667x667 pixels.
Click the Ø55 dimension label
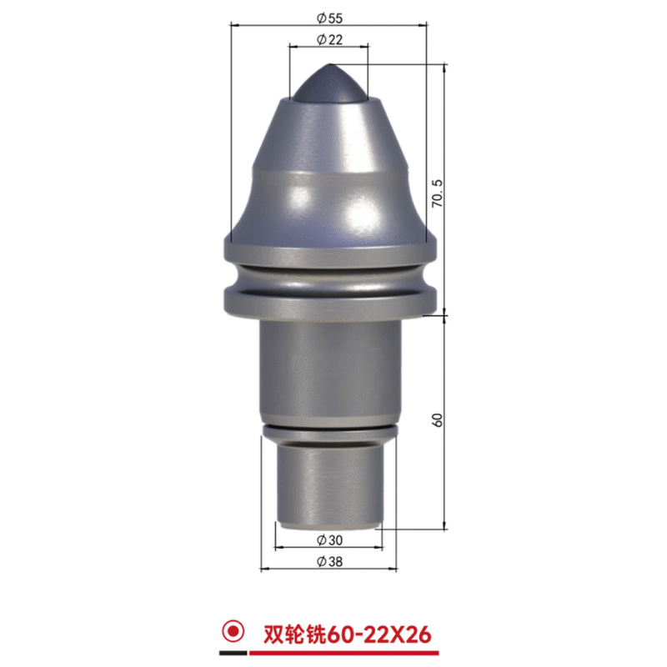click(x=329, y=18)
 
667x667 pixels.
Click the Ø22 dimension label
click(x=329, y=39)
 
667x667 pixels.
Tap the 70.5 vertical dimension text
click(x=437, y=193)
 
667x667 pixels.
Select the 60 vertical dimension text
click(x=437, y=420)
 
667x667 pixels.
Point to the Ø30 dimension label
click(x=329, y=540)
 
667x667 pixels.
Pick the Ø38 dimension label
click(x=329, y=561)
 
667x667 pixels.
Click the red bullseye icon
click(x=233, y=631)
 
